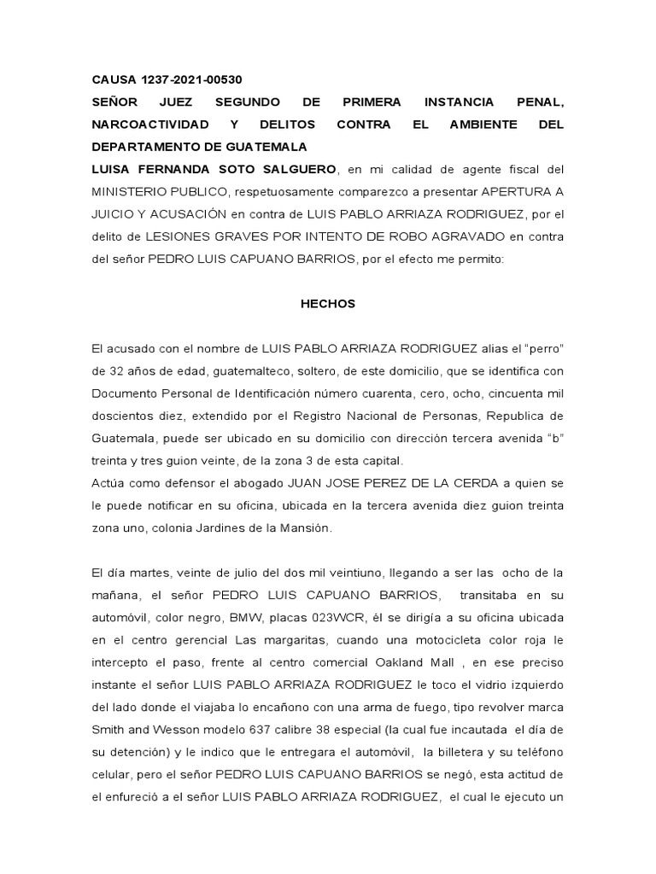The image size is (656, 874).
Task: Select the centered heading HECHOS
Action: click(327, 304)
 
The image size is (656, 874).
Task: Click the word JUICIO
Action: click(118, 213)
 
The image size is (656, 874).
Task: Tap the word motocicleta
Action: click(454, 638)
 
